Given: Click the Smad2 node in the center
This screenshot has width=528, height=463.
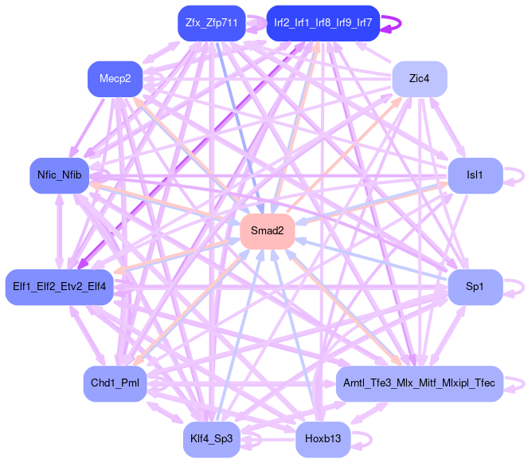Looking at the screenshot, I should [x=267, y=231].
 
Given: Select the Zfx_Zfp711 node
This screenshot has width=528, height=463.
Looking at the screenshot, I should [x=211, y=23].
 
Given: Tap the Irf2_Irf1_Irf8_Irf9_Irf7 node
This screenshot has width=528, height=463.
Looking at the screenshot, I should [x=323, y=23].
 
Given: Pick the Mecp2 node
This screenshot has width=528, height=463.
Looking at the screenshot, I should [x=115, y=78].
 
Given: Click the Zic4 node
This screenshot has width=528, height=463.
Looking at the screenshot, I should [x=419, y=78].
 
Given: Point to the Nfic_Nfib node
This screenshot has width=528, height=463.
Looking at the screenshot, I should [x=60, y=175].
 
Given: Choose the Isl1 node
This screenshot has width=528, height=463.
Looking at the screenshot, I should [x=475, y=175].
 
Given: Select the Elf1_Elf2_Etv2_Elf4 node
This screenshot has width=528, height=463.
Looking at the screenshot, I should [x=60, y=285].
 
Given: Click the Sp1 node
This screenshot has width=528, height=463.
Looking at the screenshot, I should [x=475, y=285].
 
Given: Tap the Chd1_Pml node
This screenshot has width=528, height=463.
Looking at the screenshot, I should [x=115, y=383].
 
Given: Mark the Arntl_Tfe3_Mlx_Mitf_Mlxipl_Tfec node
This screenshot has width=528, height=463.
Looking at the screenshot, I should [x=419, y=383].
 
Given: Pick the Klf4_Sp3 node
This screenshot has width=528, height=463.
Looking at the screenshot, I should [x=211, y=438].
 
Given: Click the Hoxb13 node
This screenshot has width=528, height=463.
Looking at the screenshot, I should [x=323, y=438].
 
